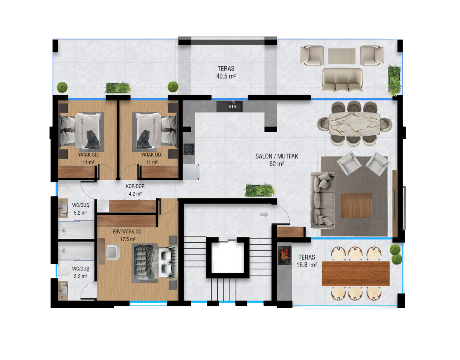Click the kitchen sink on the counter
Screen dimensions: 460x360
pos(230,107)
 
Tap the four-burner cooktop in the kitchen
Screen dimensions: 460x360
pos(189,149)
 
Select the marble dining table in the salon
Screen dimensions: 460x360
pos(355,124)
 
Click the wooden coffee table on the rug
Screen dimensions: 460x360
pos(356,205)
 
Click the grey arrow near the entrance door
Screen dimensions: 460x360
pos(264,215)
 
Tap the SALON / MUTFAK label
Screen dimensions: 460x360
pos(277,156)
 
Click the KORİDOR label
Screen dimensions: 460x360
pos(135,186)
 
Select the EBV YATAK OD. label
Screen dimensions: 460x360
pos(128,232)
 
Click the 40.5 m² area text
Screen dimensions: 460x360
pos(226,76)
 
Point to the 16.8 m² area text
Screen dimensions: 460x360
pos(307,265)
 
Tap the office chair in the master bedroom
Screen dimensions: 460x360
pos(113,252)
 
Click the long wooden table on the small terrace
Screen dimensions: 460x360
pos(356,273)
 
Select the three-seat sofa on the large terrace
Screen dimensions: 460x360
pos(342,80)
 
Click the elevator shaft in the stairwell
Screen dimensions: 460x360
pos(228,258)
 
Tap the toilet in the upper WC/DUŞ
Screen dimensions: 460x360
pos(64,190)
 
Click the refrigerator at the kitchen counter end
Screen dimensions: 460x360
pos(191,172)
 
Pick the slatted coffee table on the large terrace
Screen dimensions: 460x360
pos(342,56)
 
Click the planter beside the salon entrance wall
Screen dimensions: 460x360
pos(260,190)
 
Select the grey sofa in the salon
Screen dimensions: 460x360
pos(322,200)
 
